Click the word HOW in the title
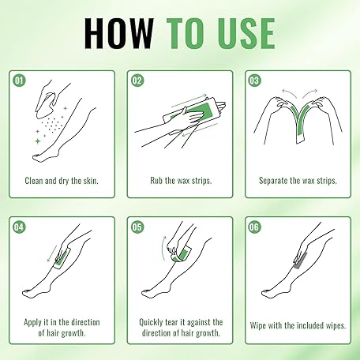point(119,33)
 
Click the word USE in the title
point(246,33)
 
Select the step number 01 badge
point(19,81)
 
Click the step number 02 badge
point(137,81)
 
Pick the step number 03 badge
point(254,81)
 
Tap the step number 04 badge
point(19,227)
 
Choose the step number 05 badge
point(137,227)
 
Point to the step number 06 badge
point(254,227)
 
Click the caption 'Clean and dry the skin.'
point(62,181)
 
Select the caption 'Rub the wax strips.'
point(181,181)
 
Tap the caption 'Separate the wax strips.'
point(298,181)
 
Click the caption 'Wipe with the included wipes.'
point(298,325)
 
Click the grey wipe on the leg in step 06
point(300,261)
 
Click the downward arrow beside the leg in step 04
point(52,253)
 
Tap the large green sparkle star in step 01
point(38,141)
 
